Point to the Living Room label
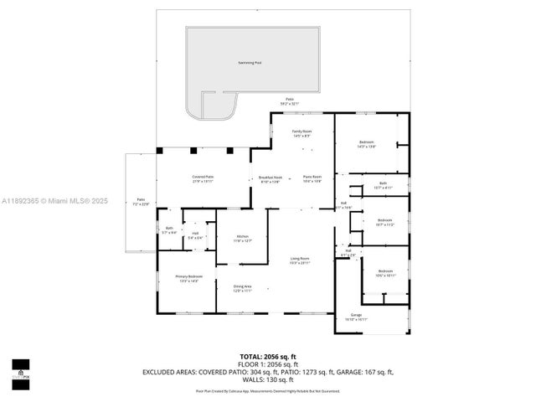[x=300, y=260]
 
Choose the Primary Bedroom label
[x=188, y=278]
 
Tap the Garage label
[x=356, y=317]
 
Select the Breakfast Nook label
[x=270, y=178]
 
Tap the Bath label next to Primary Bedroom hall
[x=168, y=229]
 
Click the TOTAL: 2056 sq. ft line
[x=268, y=356]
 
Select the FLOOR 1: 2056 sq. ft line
[x=268, y=364]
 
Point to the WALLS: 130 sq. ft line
[x=268, y=379]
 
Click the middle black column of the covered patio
[x=193, y=151]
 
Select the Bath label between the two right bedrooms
[x=383, y=185]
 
